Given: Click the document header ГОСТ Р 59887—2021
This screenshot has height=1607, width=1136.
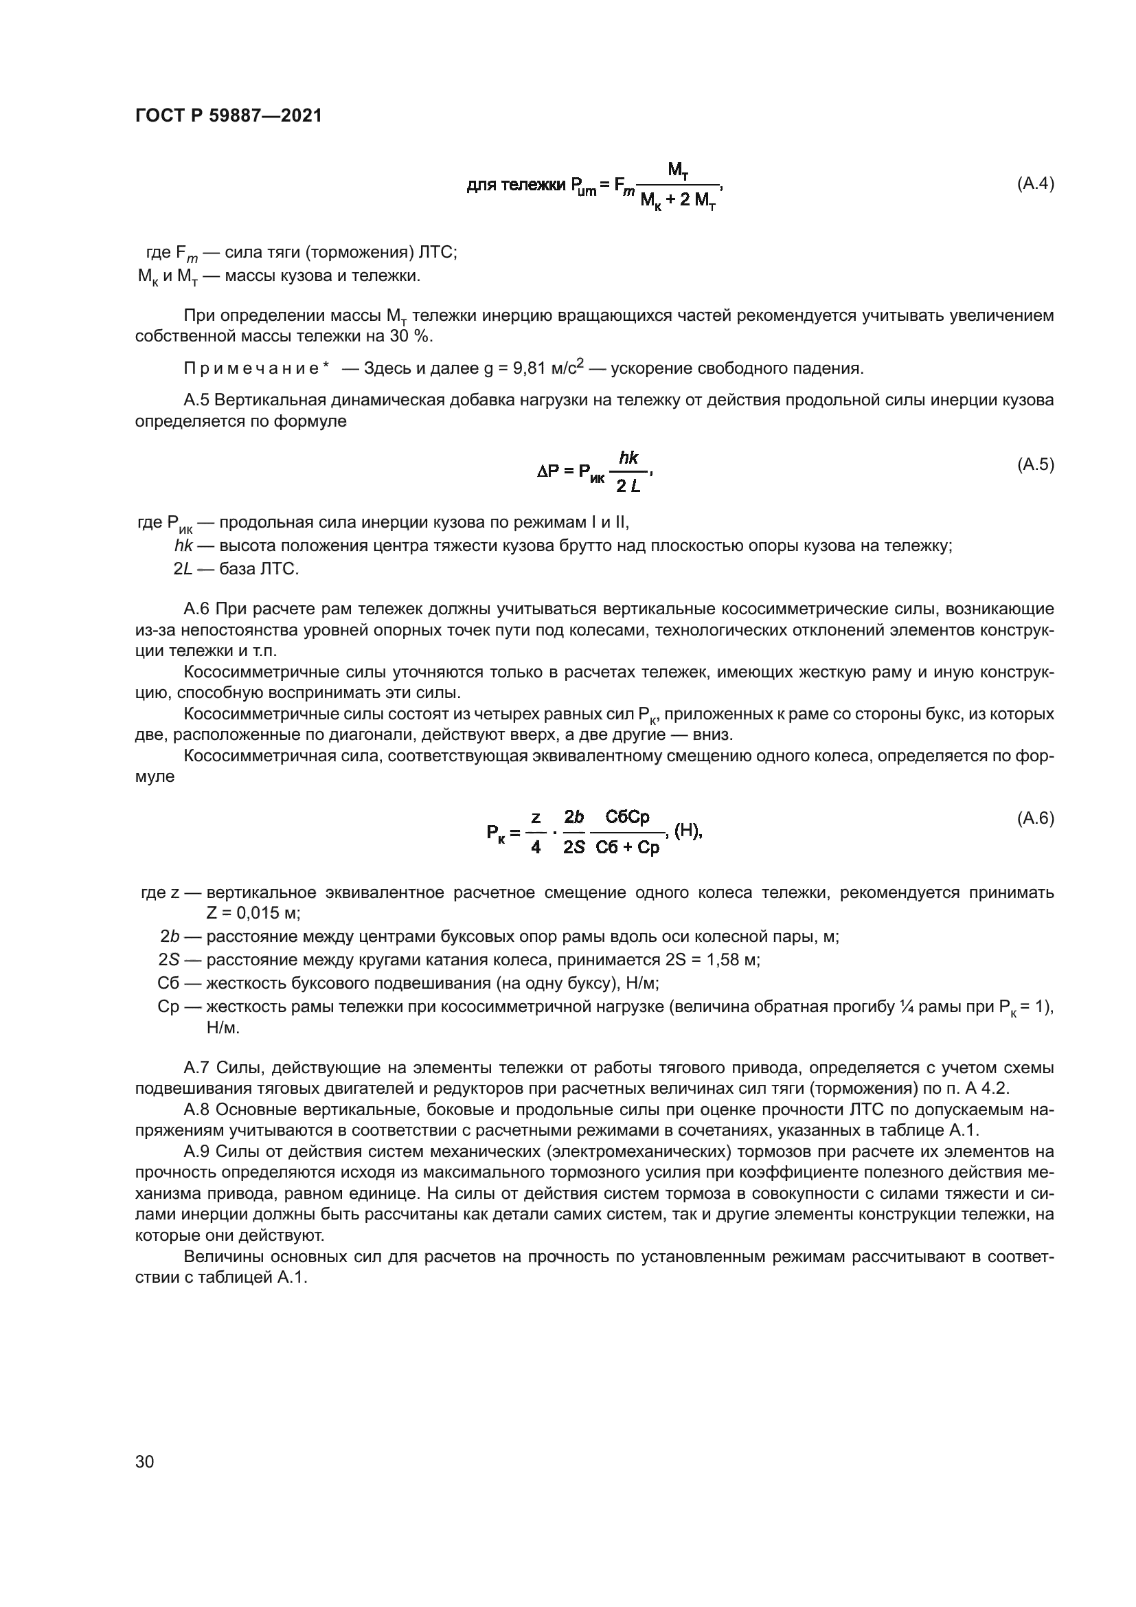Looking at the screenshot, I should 229,116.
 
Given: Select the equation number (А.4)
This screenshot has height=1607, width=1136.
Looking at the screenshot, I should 1034,184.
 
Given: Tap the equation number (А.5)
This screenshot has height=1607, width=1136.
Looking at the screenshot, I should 1034,464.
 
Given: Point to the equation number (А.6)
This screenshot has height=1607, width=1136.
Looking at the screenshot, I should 1034,818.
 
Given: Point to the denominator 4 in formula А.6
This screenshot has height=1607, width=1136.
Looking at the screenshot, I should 536,848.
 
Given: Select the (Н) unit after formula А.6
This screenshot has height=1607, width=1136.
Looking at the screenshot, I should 688,831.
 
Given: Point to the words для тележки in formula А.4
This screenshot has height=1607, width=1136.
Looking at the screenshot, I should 516,186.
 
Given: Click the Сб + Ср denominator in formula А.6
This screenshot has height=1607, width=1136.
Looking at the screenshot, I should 628,848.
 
